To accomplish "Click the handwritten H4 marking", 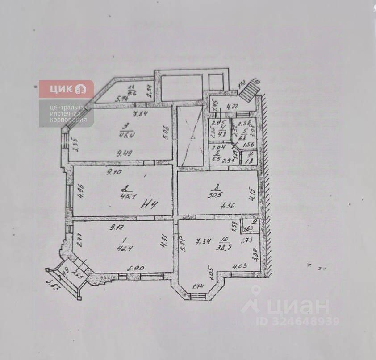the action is click(149, 205).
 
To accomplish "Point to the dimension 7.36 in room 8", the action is click(228, 206).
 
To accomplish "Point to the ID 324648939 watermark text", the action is click(298, 321).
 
